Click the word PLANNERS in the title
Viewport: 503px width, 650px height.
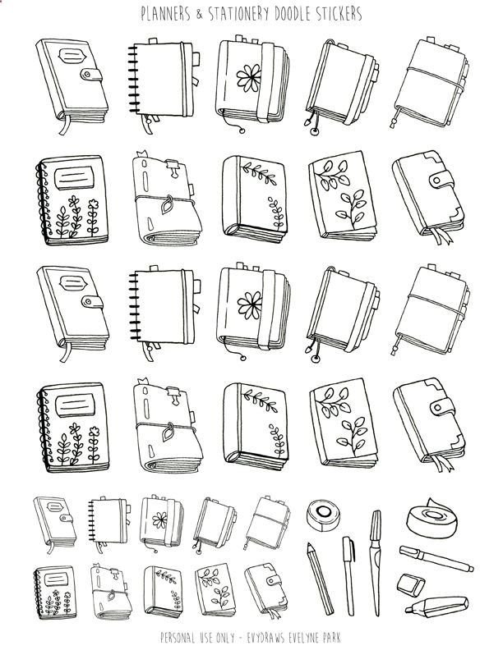click(165, 14)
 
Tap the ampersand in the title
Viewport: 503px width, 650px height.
click(200, 15)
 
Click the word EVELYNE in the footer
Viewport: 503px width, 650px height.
click(307, 638)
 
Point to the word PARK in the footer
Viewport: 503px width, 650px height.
click(333, 638)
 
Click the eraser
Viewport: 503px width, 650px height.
click(410, 585)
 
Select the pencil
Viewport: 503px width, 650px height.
click(320, 579)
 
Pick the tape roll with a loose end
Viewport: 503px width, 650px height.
click(431, 518)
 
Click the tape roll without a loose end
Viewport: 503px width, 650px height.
click(323, 515)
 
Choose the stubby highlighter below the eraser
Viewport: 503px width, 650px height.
click(436, 607)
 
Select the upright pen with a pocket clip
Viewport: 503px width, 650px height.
click(349, 576)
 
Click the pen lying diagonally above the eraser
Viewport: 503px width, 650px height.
click(436, 558)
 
